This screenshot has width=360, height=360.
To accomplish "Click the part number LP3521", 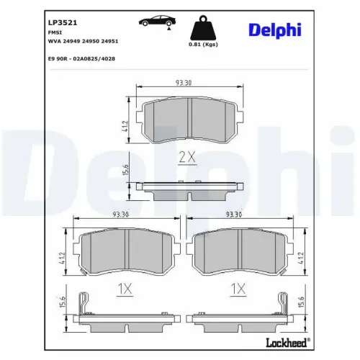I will coord(59,22).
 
